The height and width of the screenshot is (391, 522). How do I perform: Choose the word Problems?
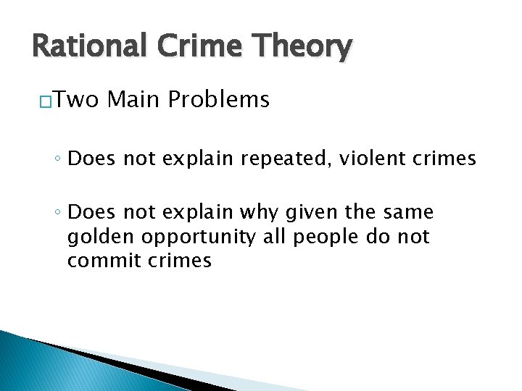tap(218, 100)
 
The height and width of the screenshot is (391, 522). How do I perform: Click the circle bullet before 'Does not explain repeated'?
tap(57, 159)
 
